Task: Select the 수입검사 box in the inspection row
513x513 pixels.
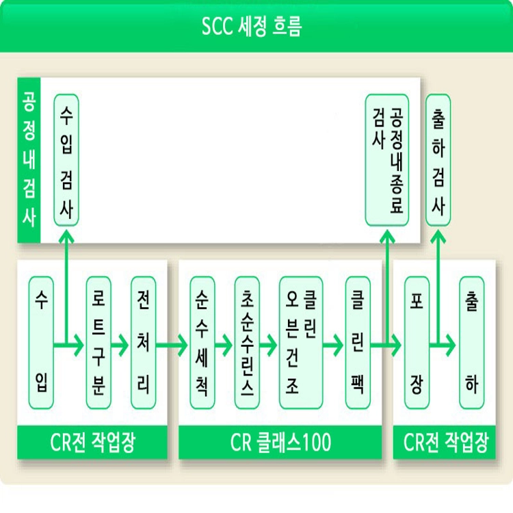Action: click(66, 159)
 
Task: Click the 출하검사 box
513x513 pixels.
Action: click(438, 159)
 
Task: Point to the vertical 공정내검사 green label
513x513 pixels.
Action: click(29, 159)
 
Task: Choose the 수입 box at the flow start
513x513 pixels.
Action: click(42, 342)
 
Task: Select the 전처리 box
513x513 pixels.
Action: click(143, 342)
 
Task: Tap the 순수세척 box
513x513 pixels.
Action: click(202, 342)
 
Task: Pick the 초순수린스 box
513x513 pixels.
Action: click(247, 342)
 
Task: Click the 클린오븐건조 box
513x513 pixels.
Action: click(300, 342)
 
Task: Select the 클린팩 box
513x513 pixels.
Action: click(357, 342)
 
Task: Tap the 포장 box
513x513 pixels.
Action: click(416, 342)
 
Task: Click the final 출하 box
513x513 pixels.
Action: click(471, 342)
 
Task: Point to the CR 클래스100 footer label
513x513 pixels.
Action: click(280, 443)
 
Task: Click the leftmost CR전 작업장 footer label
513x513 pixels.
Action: click(92, 443)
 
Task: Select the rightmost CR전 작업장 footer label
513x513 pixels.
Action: click(445, 443)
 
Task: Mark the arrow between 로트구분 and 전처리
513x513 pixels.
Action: click(120, 346)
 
